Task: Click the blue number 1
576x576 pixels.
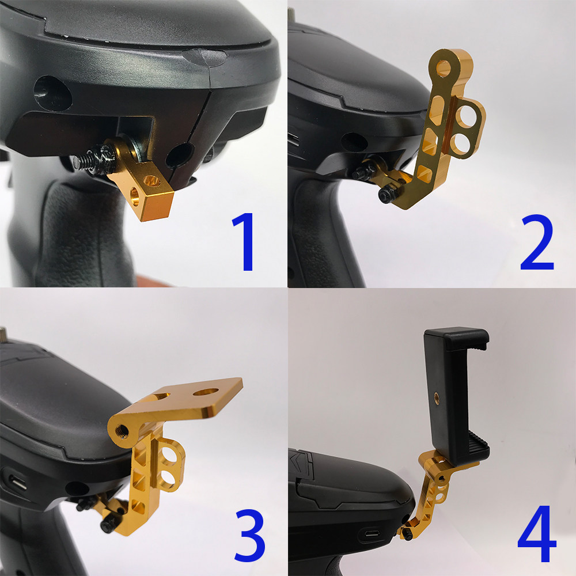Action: coord(244,242)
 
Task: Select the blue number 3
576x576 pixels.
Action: coord(250,536)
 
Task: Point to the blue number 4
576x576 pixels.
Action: coord(536,534)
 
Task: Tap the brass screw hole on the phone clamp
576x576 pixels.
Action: coord(437,397)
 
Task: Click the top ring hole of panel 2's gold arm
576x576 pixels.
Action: coord(444,69)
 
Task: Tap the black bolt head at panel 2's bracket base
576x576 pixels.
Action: coord(385,194)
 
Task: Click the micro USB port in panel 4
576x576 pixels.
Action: coord(372,533)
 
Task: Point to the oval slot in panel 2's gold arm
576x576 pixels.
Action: coord(437,111)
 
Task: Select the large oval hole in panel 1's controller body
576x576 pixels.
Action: coord(52,93)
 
